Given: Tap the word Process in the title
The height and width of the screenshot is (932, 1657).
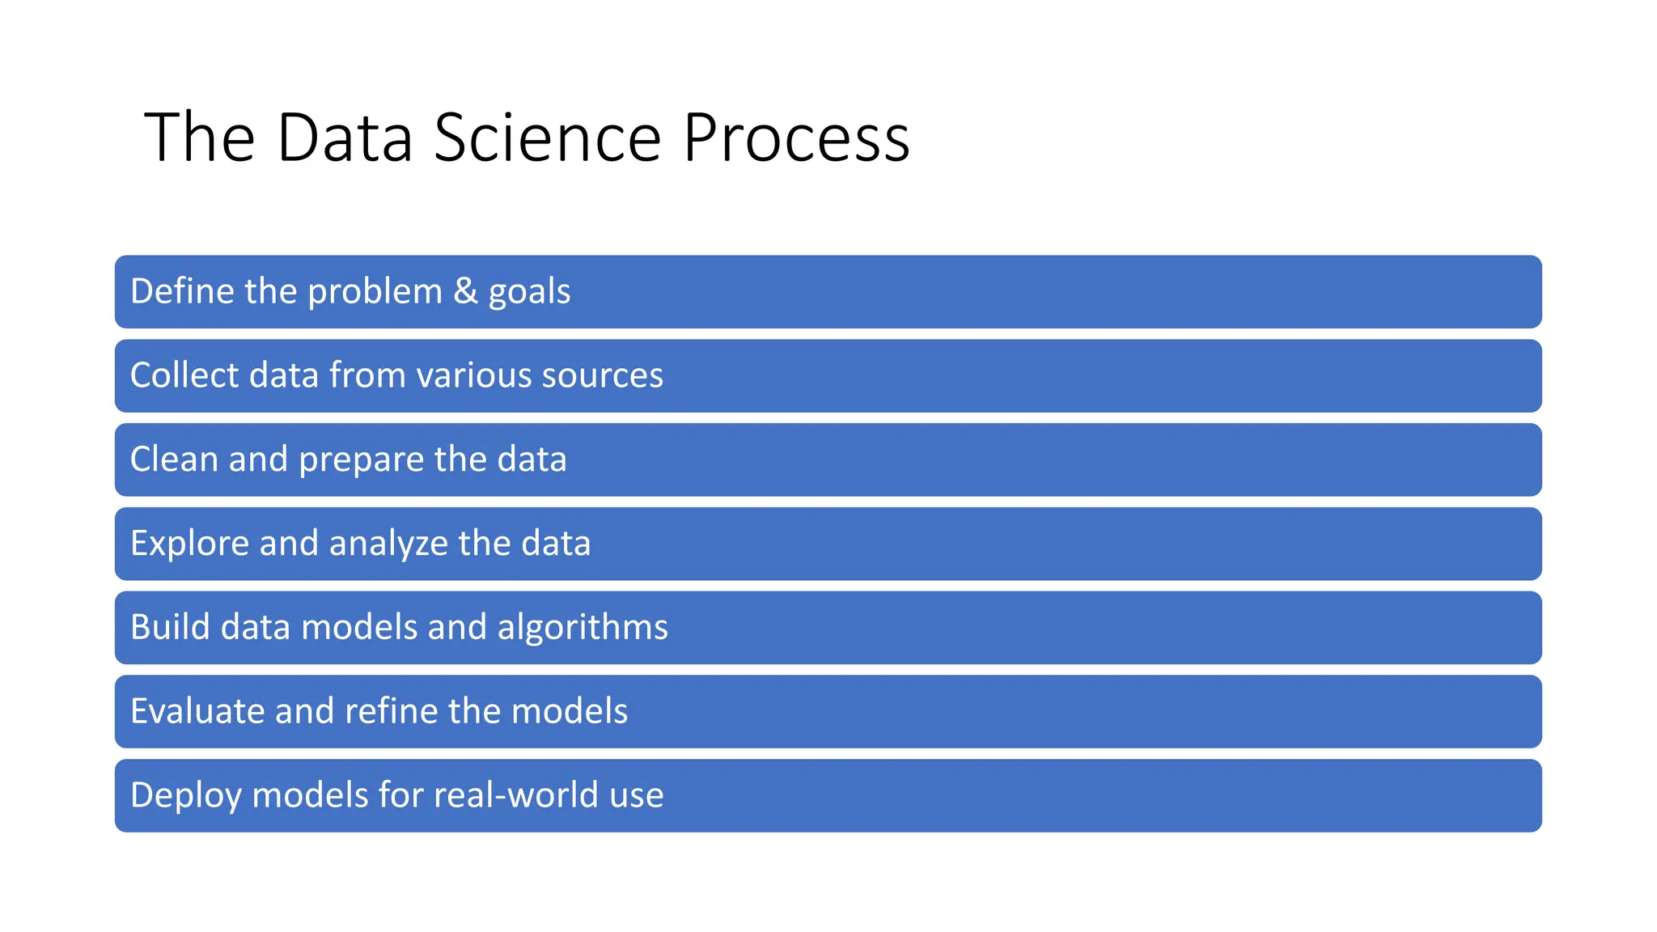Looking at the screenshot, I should [796, 138].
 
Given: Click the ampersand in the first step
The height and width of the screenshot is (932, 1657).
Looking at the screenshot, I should [465, 290].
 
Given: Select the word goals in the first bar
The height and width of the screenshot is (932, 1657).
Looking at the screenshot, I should [529, 292].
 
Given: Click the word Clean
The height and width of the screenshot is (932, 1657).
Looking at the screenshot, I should [174, 459].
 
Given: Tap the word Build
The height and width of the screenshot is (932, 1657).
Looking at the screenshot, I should [170, 627].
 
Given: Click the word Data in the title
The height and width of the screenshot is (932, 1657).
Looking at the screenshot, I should [345, 138].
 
